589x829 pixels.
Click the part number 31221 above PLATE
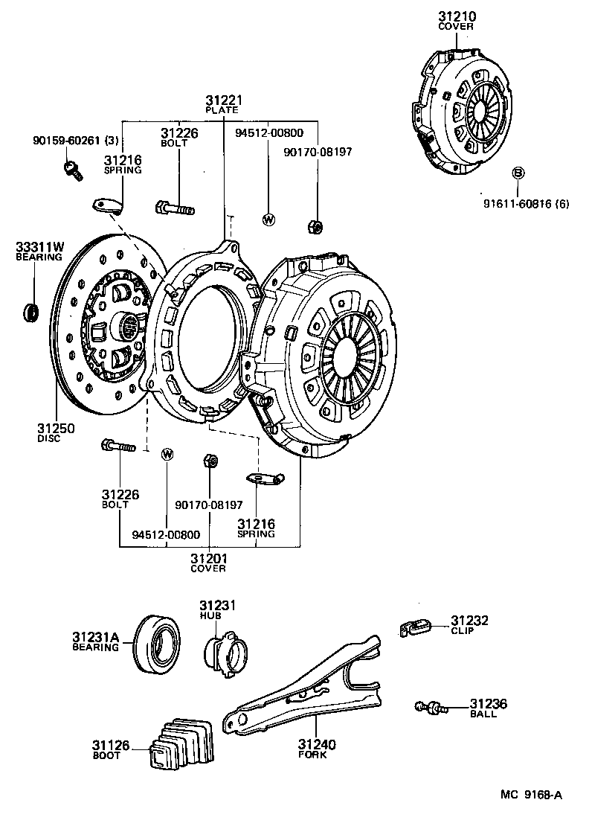pyautogui.click(x=225, y=100)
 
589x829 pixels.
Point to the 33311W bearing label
pyautogui.click(x=39, y=247)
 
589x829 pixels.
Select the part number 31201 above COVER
pyautogui.click(x=207, y=558)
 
